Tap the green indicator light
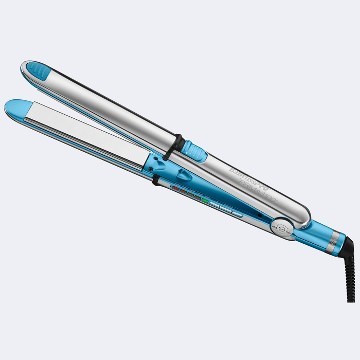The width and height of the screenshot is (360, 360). [x=205, y=201]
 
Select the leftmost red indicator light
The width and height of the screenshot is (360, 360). [x=175, y=189]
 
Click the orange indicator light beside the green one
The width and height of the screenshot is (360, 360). [x=197, y=197]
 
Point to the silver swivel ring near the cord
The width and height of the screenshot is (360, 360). [x=335, y=238]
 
